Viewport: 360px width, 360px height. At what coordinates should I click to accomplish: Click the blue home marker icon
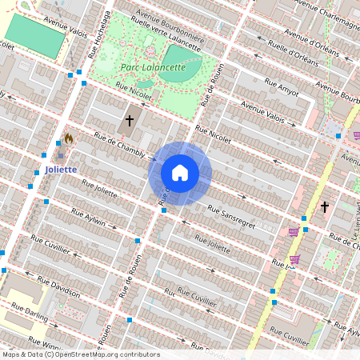coord(180,173)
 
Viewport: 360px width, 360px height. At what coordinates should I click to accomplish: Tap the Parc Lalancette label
coord(152,68)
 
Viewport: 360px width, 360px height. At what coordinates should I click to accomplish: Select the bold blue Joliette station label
coord(61,170)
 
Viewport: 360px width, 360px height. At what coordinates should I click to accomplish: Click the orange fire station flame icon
coord(68,138)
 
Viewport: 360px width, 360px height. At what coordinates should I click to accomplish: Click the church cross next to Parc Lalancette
coord(129,122)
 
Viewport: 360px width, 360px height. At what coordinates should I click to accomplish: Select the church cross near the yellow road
coord(324,206)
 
